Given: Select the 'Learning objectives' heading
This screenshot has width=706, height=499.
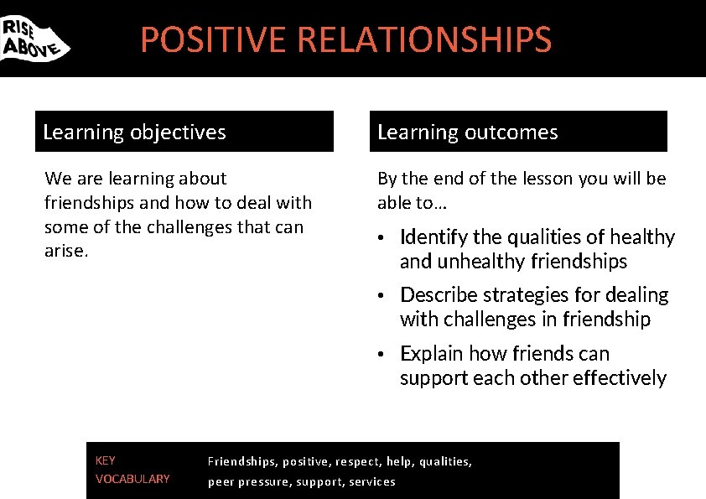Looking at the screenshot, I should (x=134, y=133).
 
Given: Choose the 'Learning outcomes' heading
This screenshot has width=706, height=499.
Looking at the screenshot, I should (x=467, y=133).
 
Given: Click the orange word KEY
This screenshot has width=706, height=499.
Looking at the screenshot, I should (x=106, y=460).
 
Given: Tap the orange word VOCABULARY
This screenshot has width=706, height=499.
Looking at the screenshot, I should (x=132, y=480).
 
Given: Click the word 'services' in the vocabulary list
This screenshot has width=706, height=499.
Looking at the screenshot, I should (x=373, y=481).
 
